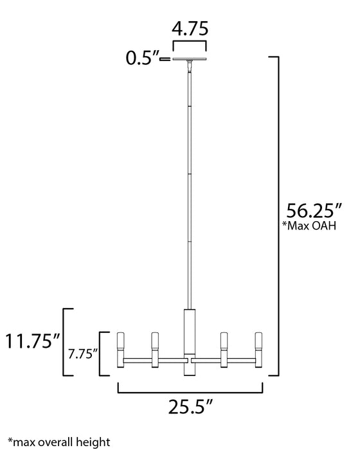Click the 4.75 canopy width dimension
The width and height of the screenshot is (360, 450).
pyautogui.click(x=190, y=30)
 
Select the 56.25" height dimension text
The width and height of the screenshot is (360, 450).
pyautogui.click(x=312, y=212)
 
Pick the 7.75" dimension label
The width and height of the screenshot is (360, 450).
pyautogui.click(x=83, y=353)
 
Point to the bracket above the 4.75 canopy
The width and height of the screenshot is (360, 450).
pyautogui.click(x=190, y=45)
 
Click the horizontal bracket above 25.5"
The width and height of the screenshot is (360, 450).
pyautogui.click(x=190, y=388)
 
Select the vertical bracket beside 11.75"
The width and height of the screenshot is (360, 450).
pyautogui.click(x=65, y=341)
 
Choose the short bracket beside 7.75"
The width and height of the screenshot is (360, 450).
pyautogui.click(x=102, y=353)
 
